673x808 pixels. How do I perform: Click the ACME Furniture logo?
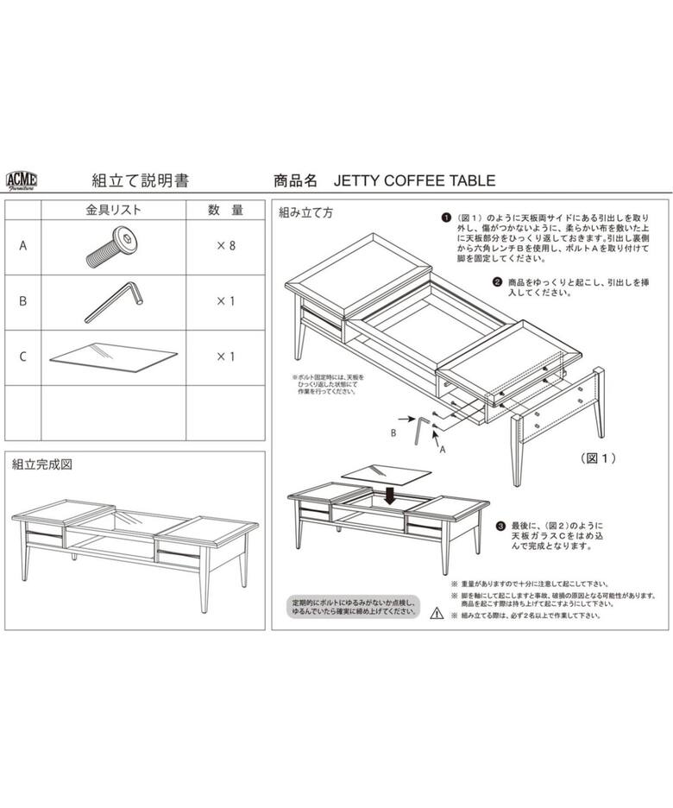tap(21, 180)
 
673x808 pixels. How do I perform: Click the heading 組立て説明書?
tap(141, 180)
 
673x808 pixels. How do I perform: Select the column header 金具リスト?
tap(113, 210)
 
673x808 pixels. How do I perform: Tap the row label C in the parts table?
tap(23, 356)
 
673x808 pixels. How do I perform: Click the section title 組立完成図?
tap(41, 464)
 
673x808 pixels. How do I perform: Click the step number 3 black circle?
tap(500, 525)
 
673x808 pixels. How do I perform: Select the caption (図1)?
tap(598, 458)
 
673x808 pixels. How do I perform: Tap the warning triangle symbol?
tap(436, 615)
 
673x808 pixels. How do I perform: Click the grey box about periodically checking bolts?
tap(353, 606)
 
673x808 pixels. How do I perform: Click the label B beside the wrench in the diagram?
tap(393, 432)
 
